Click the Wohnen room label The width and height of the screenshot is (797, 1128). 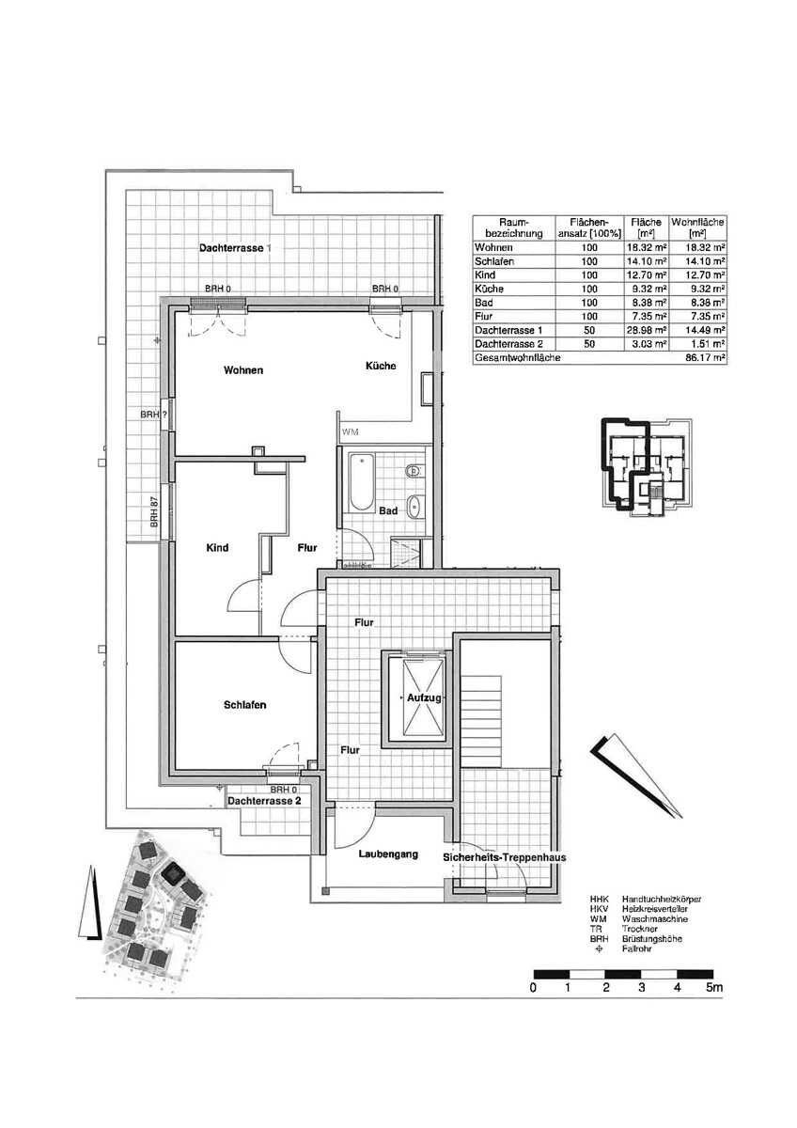point(243,370)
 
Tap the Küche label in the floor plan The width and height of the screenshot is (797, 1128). point(381,366)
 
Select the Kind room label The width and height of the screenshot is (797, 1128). point(217,548)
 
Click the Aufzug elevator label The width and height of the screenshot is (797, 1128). point(424,698)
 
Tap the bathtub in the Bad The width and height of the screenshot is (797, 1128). point(361,482)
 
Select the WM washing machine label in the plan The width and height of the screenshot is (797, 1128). point(351,432)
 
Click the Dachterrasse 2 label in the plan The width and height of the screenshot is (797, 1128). point(264,802)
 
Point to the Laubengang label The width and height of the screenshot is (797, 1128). point(387,854)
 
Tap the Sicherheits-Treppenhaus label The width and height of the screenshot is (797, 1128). point(504,857)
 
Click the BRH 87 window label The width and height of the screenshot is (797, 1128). point(154,512)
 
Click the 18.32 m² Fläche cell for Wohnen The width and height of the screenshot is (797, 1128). point(649,246)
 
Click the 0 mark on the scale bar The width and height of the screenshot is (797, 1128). point(533,988)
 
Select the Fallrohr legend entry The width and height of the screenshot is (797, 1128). point(636,949)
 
